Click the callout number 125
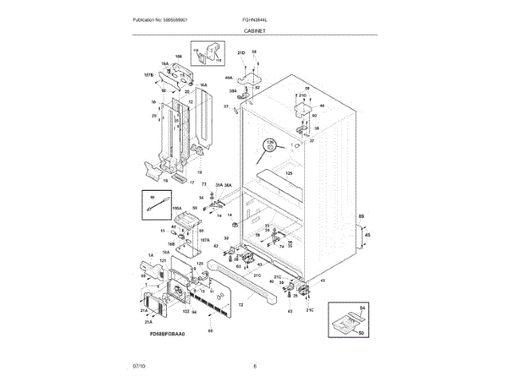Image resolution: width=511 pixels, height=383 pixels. click(289, 173)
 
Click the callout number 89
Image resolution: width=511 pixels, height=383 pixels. click(361, 217)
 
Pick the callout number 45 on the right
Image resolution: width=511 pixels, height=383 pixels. click(367, 235)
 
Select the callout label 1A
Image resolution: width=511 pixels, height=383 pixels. click(149, 255)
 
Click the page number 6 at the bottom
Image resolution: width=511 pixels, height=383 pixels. click(255, 366)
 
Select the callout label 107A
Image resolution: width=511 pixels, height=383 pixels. click(205, 240)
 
